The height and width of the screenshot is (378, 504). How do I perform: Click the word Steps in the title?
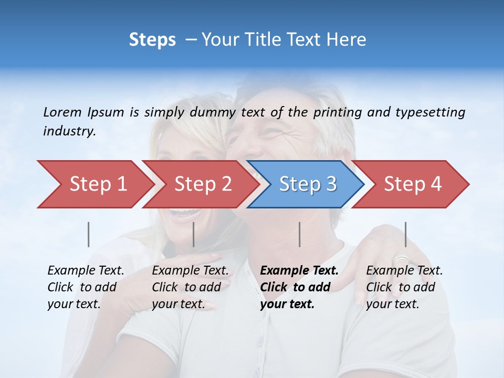[x=152, y=40]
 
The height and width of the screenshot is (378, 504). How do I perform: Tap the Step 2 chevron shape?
[x=203, y=184]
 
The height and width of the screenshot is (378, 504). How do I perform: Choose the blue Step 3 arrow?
[x=308, y=184]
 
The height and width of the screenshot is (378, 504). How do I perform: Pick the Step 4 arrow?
[x=413, y=184]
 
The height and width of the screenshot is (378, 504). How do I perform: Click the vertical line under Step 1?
[x=89, y=234]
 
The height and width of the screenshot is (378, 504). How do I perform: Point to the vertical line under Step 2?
[x=194, y=234]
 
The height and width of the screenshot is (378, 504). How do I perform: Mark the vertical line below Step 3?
[x=299, y=234]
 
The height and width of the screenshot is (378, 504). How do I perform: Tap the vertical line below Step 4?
[x=405, y=234]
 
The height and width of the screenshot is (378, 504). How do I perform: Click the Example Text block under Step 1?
[x=86, y=287]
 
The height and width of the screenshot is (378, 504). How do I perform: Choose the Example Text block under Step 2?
[x=190, y=287]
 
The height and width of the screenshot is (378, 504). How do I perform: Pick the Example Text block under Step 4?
[x=404, y=287]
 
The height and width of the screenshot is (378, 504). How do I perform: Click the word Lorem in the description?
[x=62, y=112]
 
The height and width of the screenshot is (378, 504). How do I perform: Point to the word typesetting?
[x=430, y=112]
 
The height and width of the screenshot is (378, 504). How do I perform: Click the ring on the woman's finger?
[x=401, y=259]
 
